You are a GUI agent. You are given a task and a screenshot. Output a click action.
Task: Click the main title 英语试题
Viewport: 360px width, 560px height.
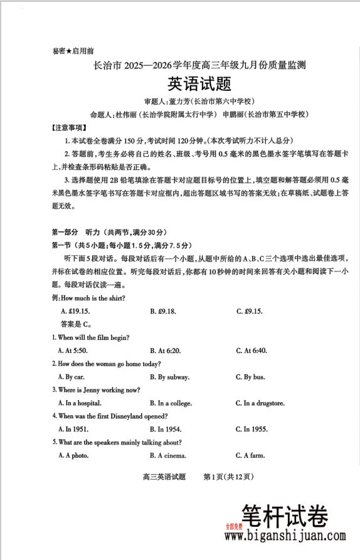pos(199,83)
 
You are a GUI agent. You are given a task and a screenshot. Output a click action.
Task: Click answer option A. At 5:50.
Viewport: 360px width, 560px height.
pos(73,351)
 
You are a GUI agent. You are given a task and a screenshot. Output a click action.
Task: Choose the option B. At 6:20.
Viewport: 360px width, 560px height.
pos(166,351)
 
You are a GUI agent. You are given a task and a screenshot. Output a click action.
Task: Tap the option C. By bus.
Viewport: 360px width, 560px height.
pos(250,377)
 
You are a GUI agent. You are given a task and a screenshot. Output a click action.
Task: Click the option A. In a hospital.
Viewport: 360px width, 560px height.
pos(80,403)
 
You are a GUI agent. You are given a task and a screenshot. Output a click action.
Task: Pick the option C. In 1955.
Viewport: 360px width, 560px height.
pos(251,429)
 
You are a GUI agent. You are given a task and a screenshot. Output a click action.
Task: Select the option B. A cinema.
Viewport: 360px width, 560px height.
pos(168,455)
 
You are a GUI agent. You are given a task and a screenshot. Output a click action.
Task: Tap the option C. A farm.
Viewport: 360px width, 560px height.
pos(251,455)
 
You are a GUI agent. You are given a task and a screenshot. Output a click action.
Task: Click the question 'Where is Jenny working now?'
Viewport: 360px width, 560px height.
pos(95,390)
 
